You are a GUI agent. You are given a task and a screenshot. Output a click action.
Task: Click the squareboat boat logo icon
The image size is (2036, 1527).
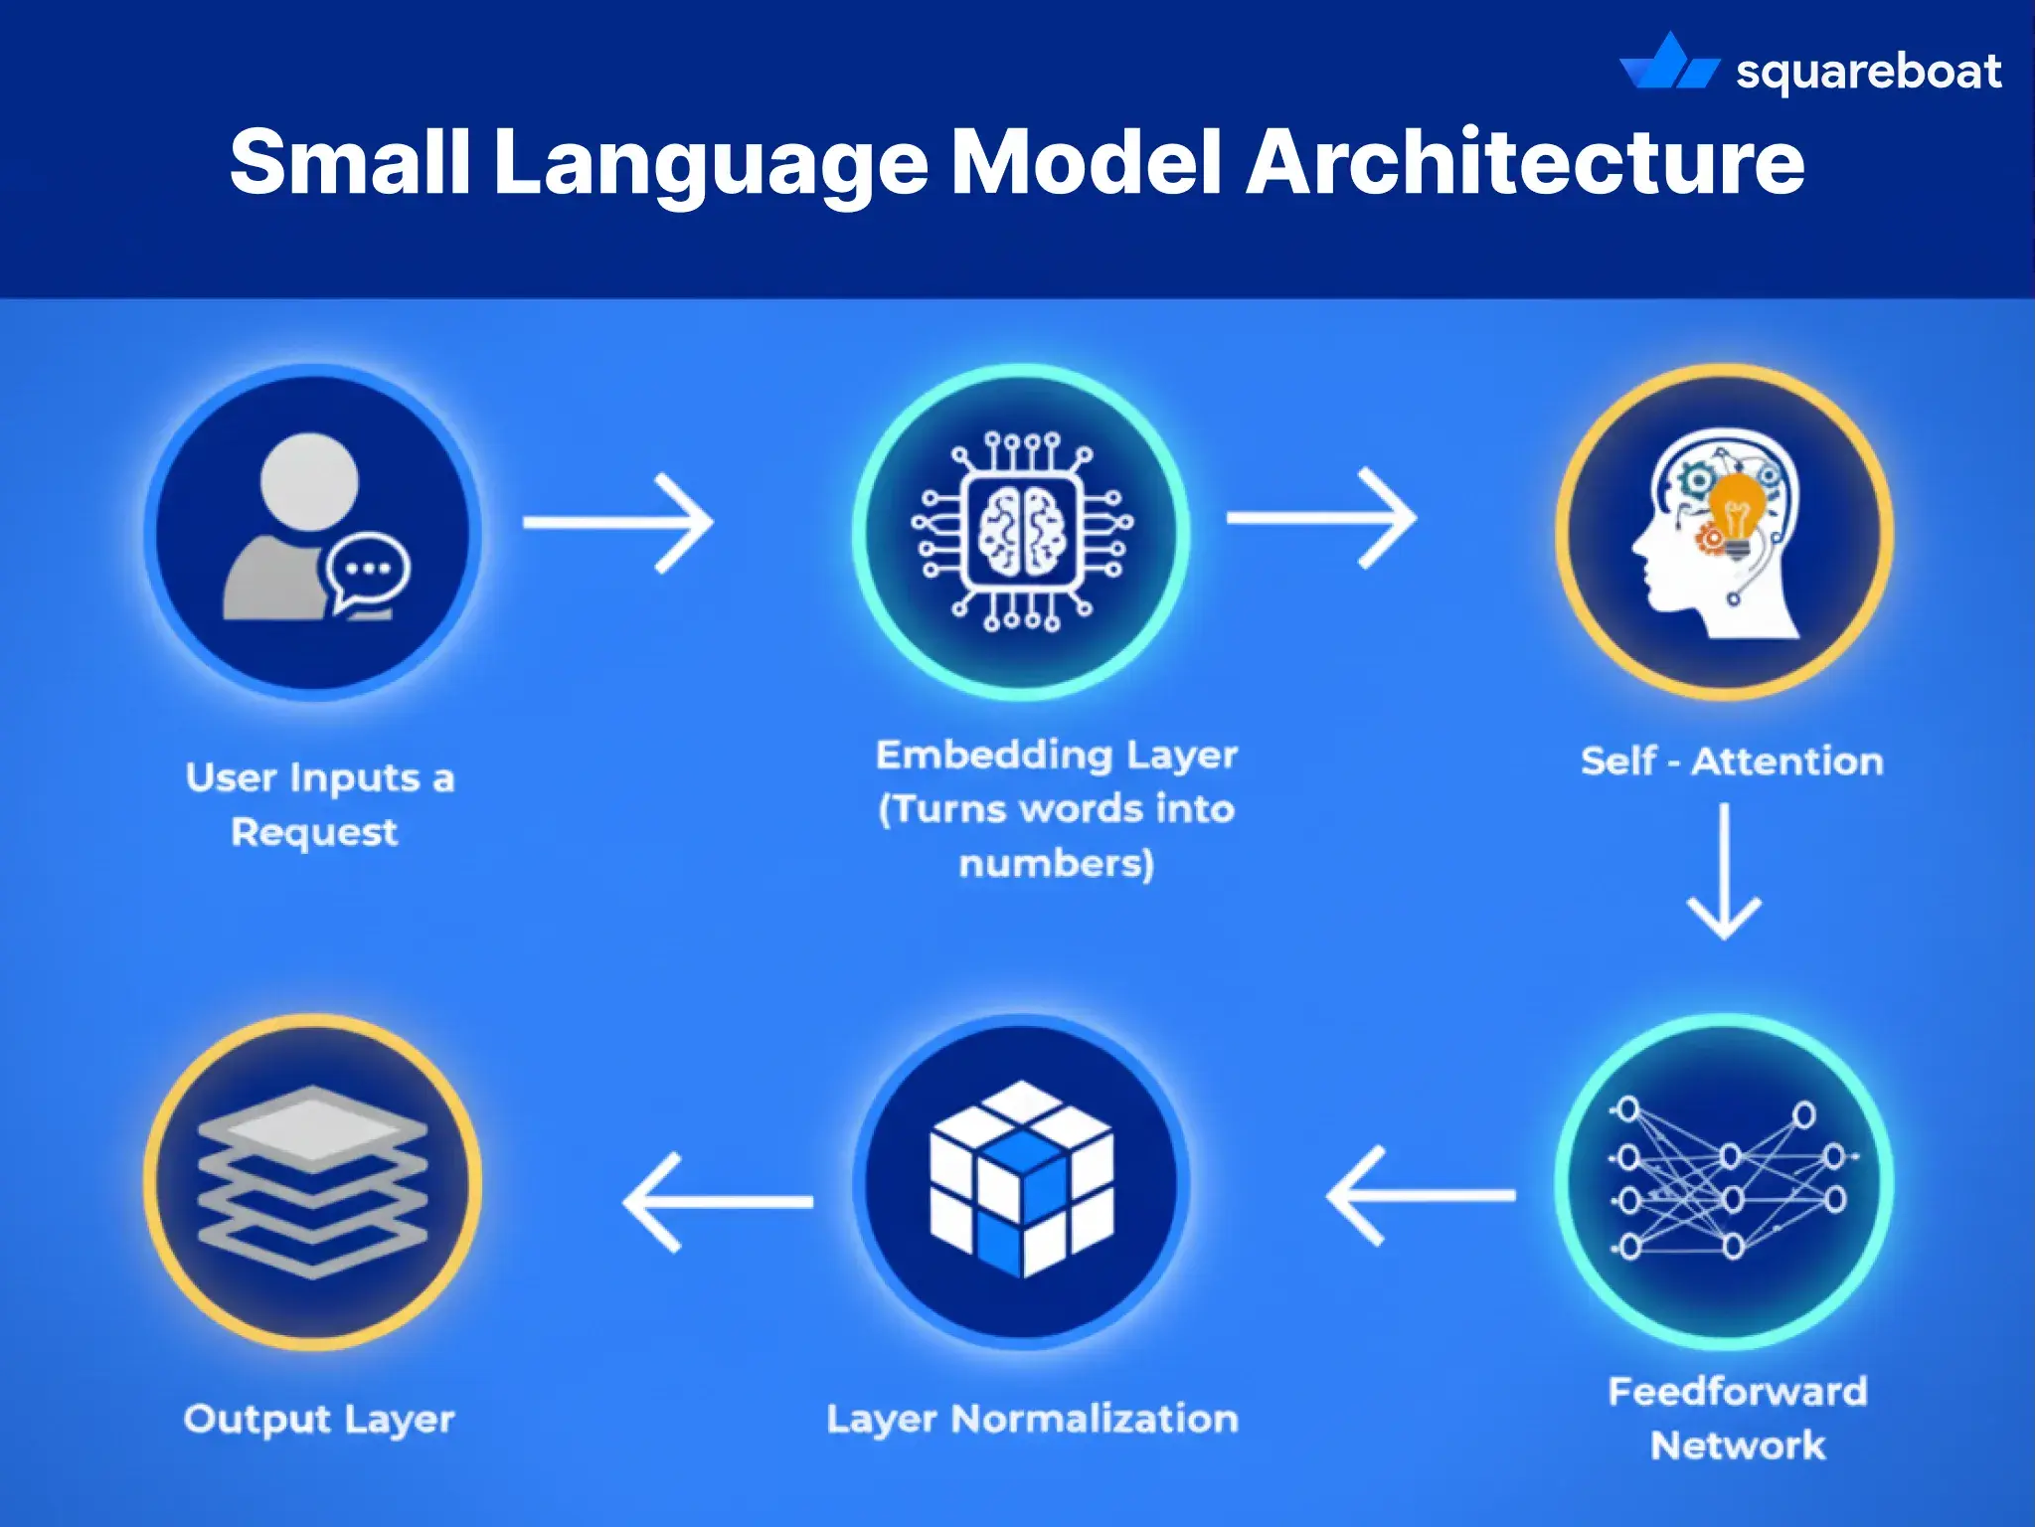[x=1669, y=64]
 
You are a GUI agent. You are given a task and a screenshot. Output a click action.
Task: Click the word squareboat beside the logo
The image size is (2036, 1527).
[x=1868, y=72]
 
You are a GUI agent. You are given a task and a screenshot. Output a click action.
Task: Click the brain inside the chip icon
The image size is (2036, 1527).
[x=1022, y=533]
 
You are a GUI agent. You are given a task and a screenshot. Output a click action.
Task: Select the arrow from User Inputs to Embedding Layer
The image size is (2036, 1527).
[x=618, y=523]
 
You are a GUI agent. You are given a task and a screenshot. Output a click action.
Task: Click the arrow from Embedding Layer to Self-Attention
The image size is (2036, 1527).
[x=1321, y=518]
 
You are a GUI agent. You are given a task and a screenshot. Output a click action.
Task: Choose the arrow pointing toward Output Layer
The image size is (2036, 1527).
[x=717, y=1202]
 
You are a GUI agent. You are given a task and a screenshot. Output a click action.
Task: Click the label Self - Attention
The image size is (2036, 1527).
[x=1731, y=762]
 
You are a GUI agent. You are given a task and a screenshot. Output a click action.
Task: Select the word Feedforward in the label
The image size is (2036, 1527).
[x=1737, y=1391]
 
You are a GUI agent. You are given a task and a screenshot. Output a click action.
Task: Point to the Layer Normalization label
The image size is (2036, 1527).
[x=1032, y=1419]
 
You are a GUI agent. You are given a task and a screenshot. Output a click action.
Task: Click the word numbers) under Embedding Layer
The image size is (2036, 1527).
[x=1056, y=863]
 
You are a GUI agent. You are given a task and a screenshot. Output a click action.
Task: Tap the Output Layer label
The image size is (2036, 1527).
[x=318, y=1419]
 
